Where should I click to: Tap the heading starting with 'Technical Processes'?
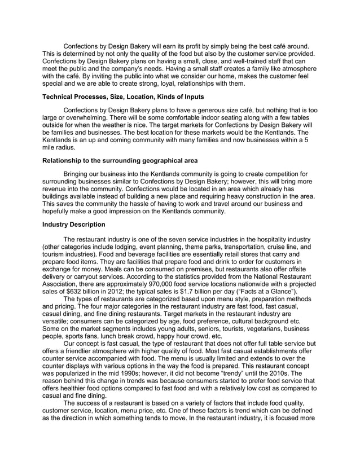[123, 97]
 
